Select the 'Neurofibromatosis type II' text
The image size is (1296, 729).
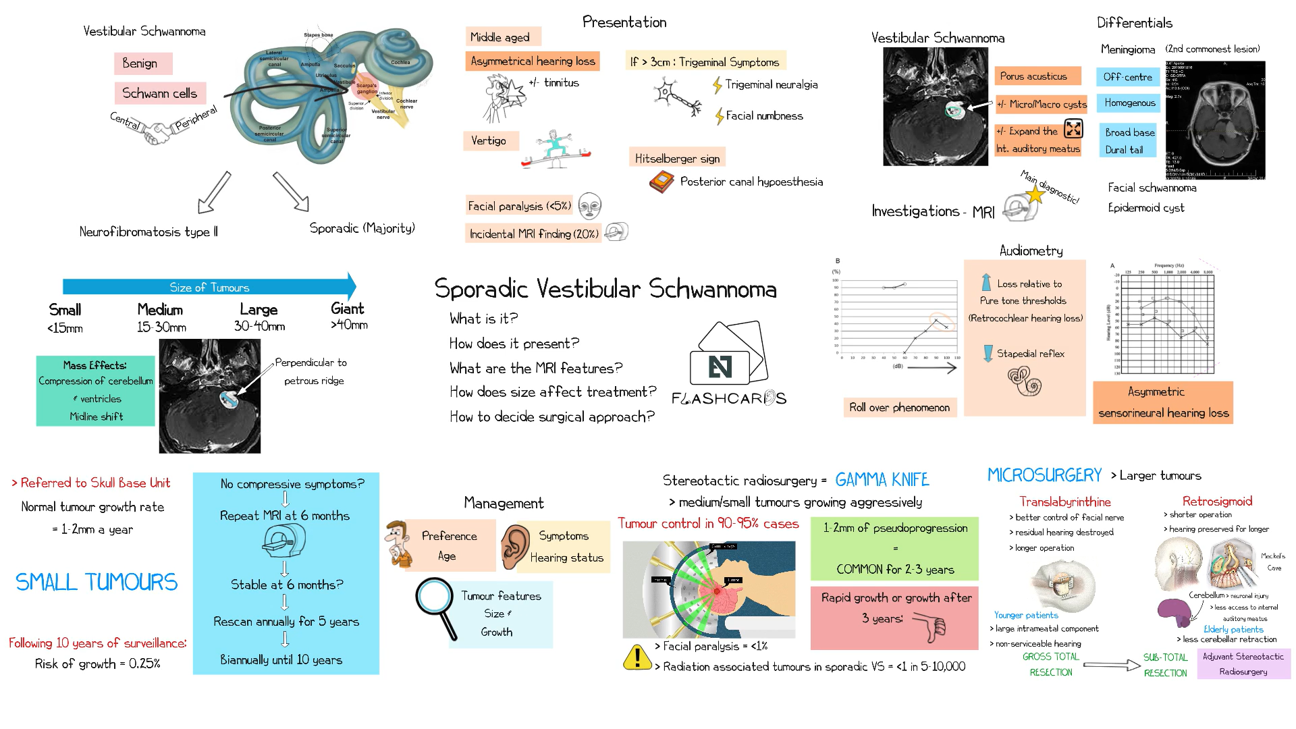(148, 232)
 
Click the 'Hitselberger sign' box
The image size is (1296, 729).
(677, 159)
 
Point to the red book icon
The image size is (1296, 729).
(661, 182)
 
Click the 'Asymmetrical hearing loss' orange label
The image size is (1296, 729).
(533, 61)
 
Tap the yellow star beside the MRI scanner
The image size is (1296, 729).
(1035, 194)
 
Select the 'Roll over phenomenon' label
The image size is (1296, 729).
(899, 407)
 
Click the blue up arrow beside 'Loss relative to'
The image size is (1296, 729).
(986, 282)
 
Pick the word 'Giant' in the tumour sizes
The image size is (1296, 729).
(348, 308)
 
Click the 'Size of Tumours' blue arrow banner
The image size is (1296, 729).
(209, 287)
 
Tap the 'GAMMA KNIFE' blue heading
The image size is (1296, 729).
(882, 480)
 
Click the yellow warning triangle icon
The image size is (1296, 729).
(637, 657)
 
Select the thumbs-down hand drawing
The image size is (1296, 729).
(932, 626)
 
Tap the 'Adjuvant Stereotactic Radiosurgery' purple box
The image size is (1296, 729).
(1243, 664)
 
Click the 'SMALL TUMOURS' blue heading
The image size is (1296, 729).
(97, 582)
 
